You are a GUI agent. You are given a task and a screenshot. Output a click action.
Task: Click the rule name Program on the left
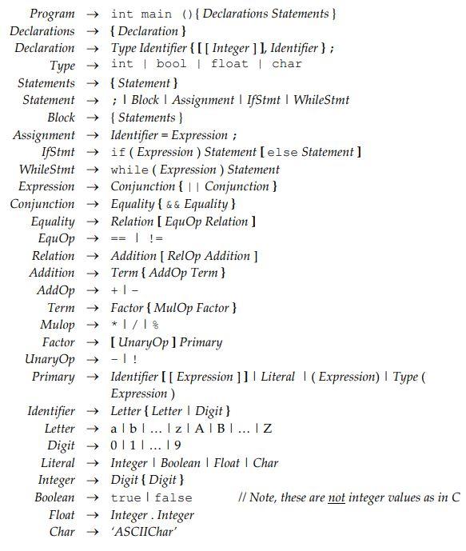52,14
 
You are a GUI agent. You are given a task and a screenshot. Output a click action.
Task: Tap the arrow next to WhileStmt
93,170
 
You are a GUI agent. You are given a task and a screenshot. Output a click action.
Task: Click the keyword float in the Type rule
229,64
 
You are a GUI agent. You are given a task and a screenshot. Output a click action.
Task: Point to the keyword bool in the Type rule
172,64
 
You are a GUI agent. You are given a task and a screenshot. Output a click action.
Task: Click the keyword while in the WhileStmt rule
129,170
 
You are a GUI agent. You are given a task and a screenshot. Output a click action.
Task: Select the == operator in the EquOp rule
117,239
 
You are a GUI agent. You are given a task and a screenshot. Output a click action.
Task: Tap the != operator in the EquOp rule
155,239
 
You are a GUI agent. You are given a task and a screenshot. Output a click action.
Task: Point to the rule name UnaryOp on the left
52,359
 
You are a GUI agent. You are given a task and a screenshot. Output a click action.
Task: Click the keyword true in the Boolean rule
125,497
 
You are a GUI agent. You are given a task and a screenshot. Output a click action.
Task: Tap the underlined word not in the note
337,497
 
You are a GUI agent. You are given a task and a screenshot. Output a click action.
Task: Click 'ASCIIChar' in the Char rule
143,532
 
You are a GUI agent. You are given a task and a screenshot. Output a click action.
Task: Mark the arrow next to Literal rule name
93,463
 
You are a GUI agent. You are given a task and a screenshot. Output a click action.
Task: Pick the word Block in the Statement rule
145,101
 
